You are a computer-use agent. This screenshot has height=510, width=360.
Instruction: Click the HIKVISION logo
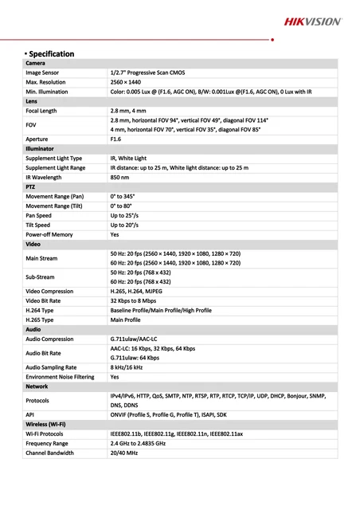(x=313, y=22)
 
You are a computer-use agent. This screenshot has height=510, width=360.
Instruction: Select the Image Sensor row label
(x=44, y=73)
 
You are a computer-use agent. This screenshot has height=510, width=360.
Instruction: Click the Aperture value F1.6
(x=115, y=139)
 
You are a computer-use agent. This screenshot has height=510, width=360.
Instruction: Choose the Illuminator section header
(x=40, y=148)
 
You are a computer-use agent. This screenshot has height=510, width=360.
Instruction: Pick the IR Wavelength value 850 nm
(x=120, y=177)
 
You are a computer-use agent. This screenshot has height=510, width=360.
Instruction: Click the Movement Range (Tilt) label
(x=53, y=206)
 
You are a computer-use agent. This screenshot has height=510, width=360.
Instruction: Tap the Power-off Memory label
(x=49, y=234)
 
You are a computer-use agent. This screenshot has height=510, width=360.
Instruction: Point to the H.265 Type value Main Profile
(x=125, y=319)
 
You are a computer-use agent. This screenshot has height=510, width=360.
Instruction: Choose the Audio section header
(x=33, y=328)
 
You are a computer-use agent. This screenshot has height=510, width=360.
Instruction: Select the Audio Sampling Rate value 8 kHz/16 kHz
(x=127, y=367)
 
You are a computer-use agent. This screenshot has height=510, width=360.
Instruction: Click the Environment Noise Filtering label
(x=60, y=376)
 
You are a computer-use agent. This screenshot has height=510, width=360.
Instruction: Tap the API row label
(x=29, y=414)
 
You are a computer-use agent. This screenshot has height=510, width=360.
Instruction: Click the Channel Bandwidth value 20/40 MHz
(x=123, y=453)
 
